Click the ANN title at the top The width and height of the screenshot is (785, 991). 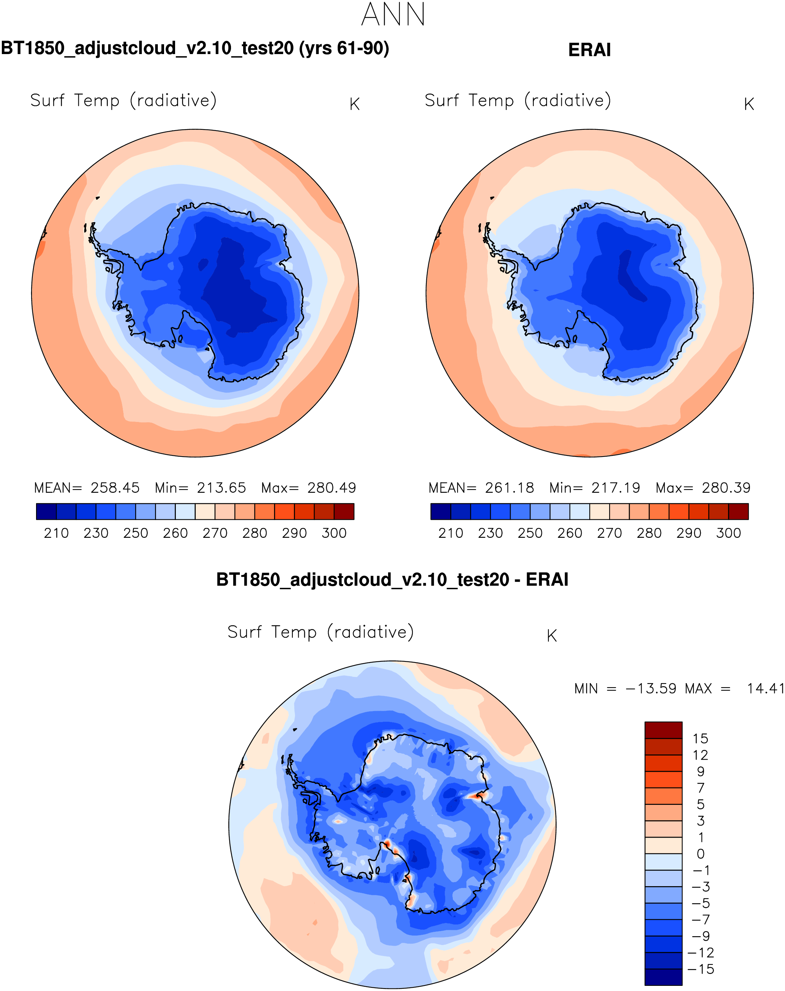point(393,15)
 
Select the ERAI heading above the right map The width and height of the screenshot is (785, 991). point(589,50)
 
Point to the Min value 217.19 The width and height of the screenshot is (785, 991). point(615,488)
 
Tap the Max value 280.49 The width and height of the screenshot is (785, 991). point(331,488)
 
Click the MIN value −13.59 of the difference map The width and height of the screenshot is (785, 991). point(650,689)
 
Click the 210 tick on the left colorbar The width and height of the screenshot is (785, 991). point(56,533)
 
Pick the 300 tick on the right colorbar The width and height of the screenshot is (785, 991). point(728,533)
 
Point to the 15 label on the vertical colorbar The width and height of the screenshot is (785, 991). point(700,739)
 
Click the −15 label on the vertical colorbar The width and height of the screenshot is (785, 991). point(700,969)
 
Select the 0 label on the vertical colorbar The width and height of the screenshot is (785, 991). point(700,854)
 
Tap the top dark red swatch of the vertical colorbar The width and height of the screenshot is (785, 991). point(663,730)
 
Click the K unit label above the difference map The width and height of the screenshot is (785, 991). point(552,636)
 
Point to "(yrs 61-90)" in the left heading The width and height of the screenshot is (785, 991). point(344,48)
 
